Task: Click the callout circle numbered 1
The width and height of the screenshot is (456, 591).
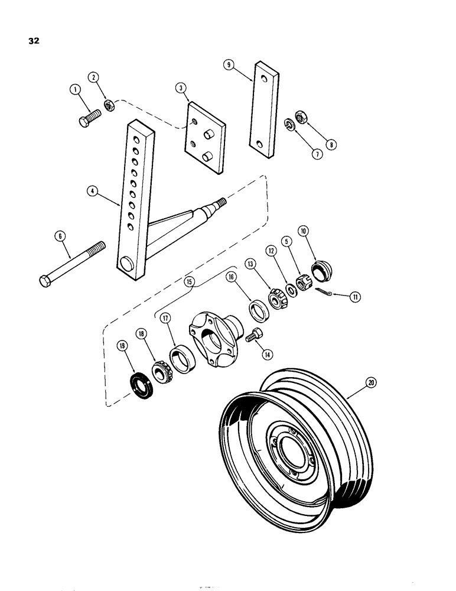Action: coord(75,90)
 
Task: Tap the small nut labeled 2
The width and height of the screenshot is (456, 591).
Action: coord(109,105)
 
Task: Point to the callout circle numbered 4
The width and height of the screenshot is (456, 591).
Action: coord(93,191)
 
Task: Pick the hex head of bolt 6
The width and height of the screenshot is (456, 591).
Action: coord(45,280)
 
